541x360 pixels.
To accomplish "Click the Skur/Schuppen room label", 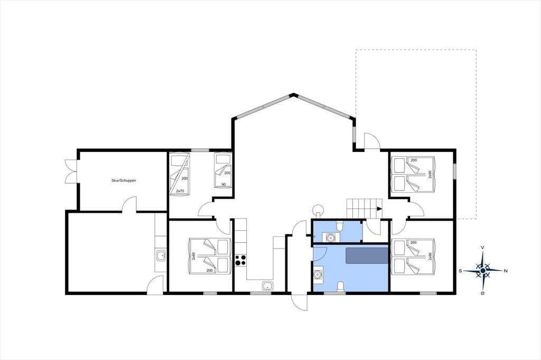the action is tap(124, 181).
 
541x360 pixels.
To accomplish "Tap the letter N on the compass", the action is tap(506, 271).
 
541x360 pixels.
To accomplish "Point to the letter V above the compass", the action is tap(483, 248).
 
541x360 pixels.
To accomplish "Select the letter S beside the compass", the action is tap(460, 271).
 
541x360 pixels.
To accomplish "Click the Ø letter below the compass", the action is tap(483, 293).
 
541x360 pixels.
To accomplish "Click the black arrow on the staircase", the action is tap(379, 209).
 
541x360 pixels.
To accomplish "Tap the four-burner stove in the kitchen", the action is tap(240, 260).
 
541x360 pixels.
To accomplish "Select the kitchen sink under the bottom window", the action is tap(267, 286).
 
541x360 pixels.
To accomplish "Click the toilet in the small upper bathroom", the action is tap(340, 226).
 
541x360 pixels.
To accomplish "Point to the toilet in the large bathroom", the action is tap(340, 287).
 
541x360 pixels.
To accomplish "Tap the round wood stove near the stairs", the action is tap(318, 210).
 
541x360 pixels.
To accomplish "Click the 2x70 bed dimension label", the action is tap(180, 191).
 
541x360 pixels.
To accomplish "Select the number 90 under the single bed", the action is tap(223, 184).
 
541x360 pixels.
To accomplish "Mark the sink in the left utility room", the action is tap(161, 255).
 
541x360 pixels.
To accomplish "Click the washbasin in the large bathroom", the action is tap(318, 274).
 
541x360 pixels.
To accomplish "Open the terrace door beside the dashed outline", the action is tap(372, 141).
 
